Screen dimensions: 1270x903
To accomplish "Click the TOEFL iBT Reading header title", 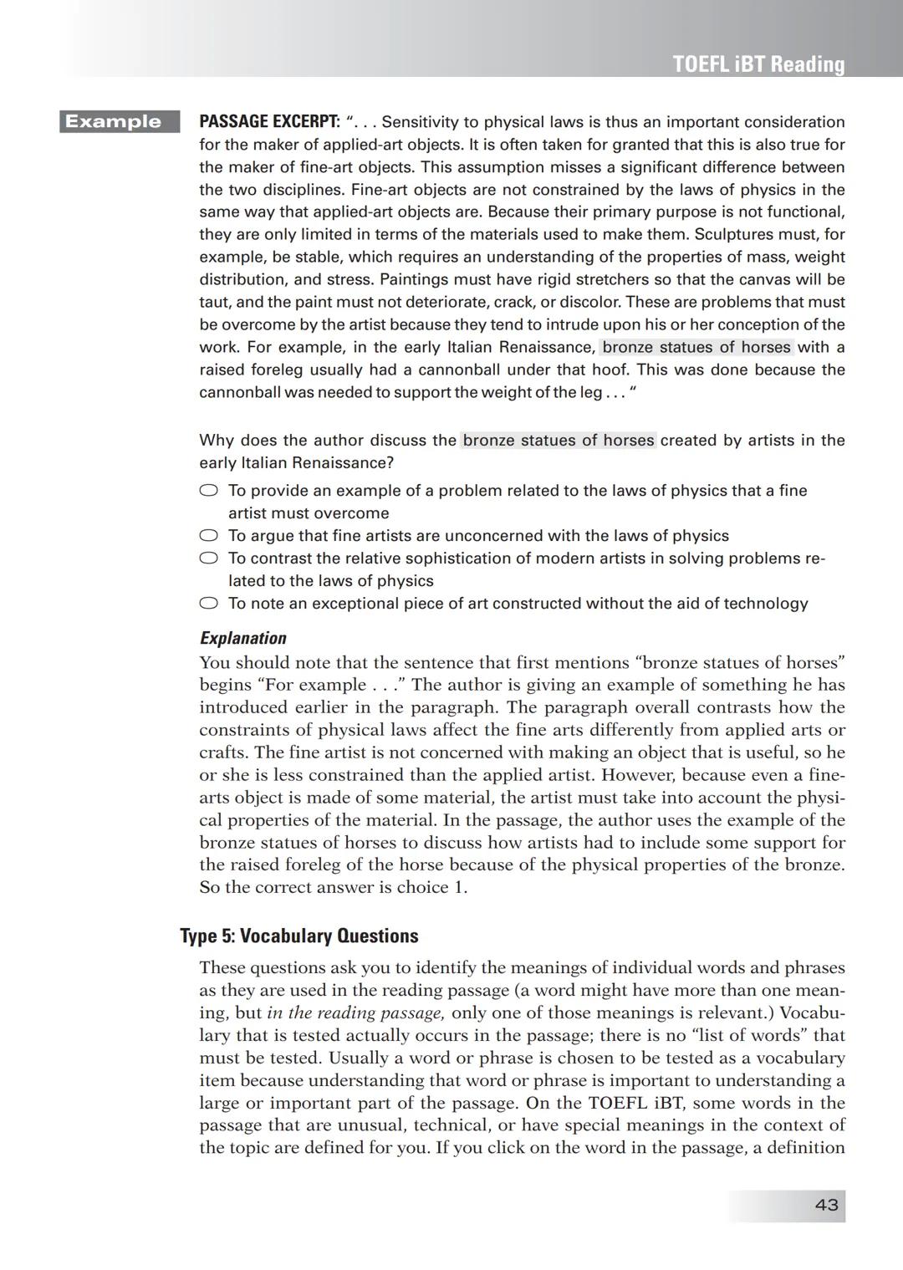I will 758,64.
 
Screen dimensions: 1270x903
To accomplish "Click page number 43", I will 826,1205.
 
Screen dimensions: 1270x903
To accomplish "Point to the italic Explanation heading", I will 242,638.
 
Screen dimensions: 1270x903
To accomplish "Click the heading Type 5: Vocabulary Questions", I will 298,936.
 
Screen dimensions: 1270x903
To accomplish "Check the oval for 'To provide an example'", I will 208,491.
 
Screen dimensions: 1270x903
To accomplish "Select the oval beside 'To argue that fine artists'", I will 208,536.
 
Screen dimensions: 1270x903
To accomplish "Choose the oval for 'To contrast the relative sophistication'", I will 208,558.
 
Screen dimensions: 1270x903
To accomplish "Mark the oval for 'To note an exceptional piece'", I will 208,604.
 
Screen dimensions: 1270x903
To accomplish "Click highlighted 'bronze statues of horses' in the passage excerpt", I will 696,347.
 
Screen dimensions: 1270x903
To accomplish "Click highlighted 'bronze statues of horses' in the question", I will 558,441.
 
